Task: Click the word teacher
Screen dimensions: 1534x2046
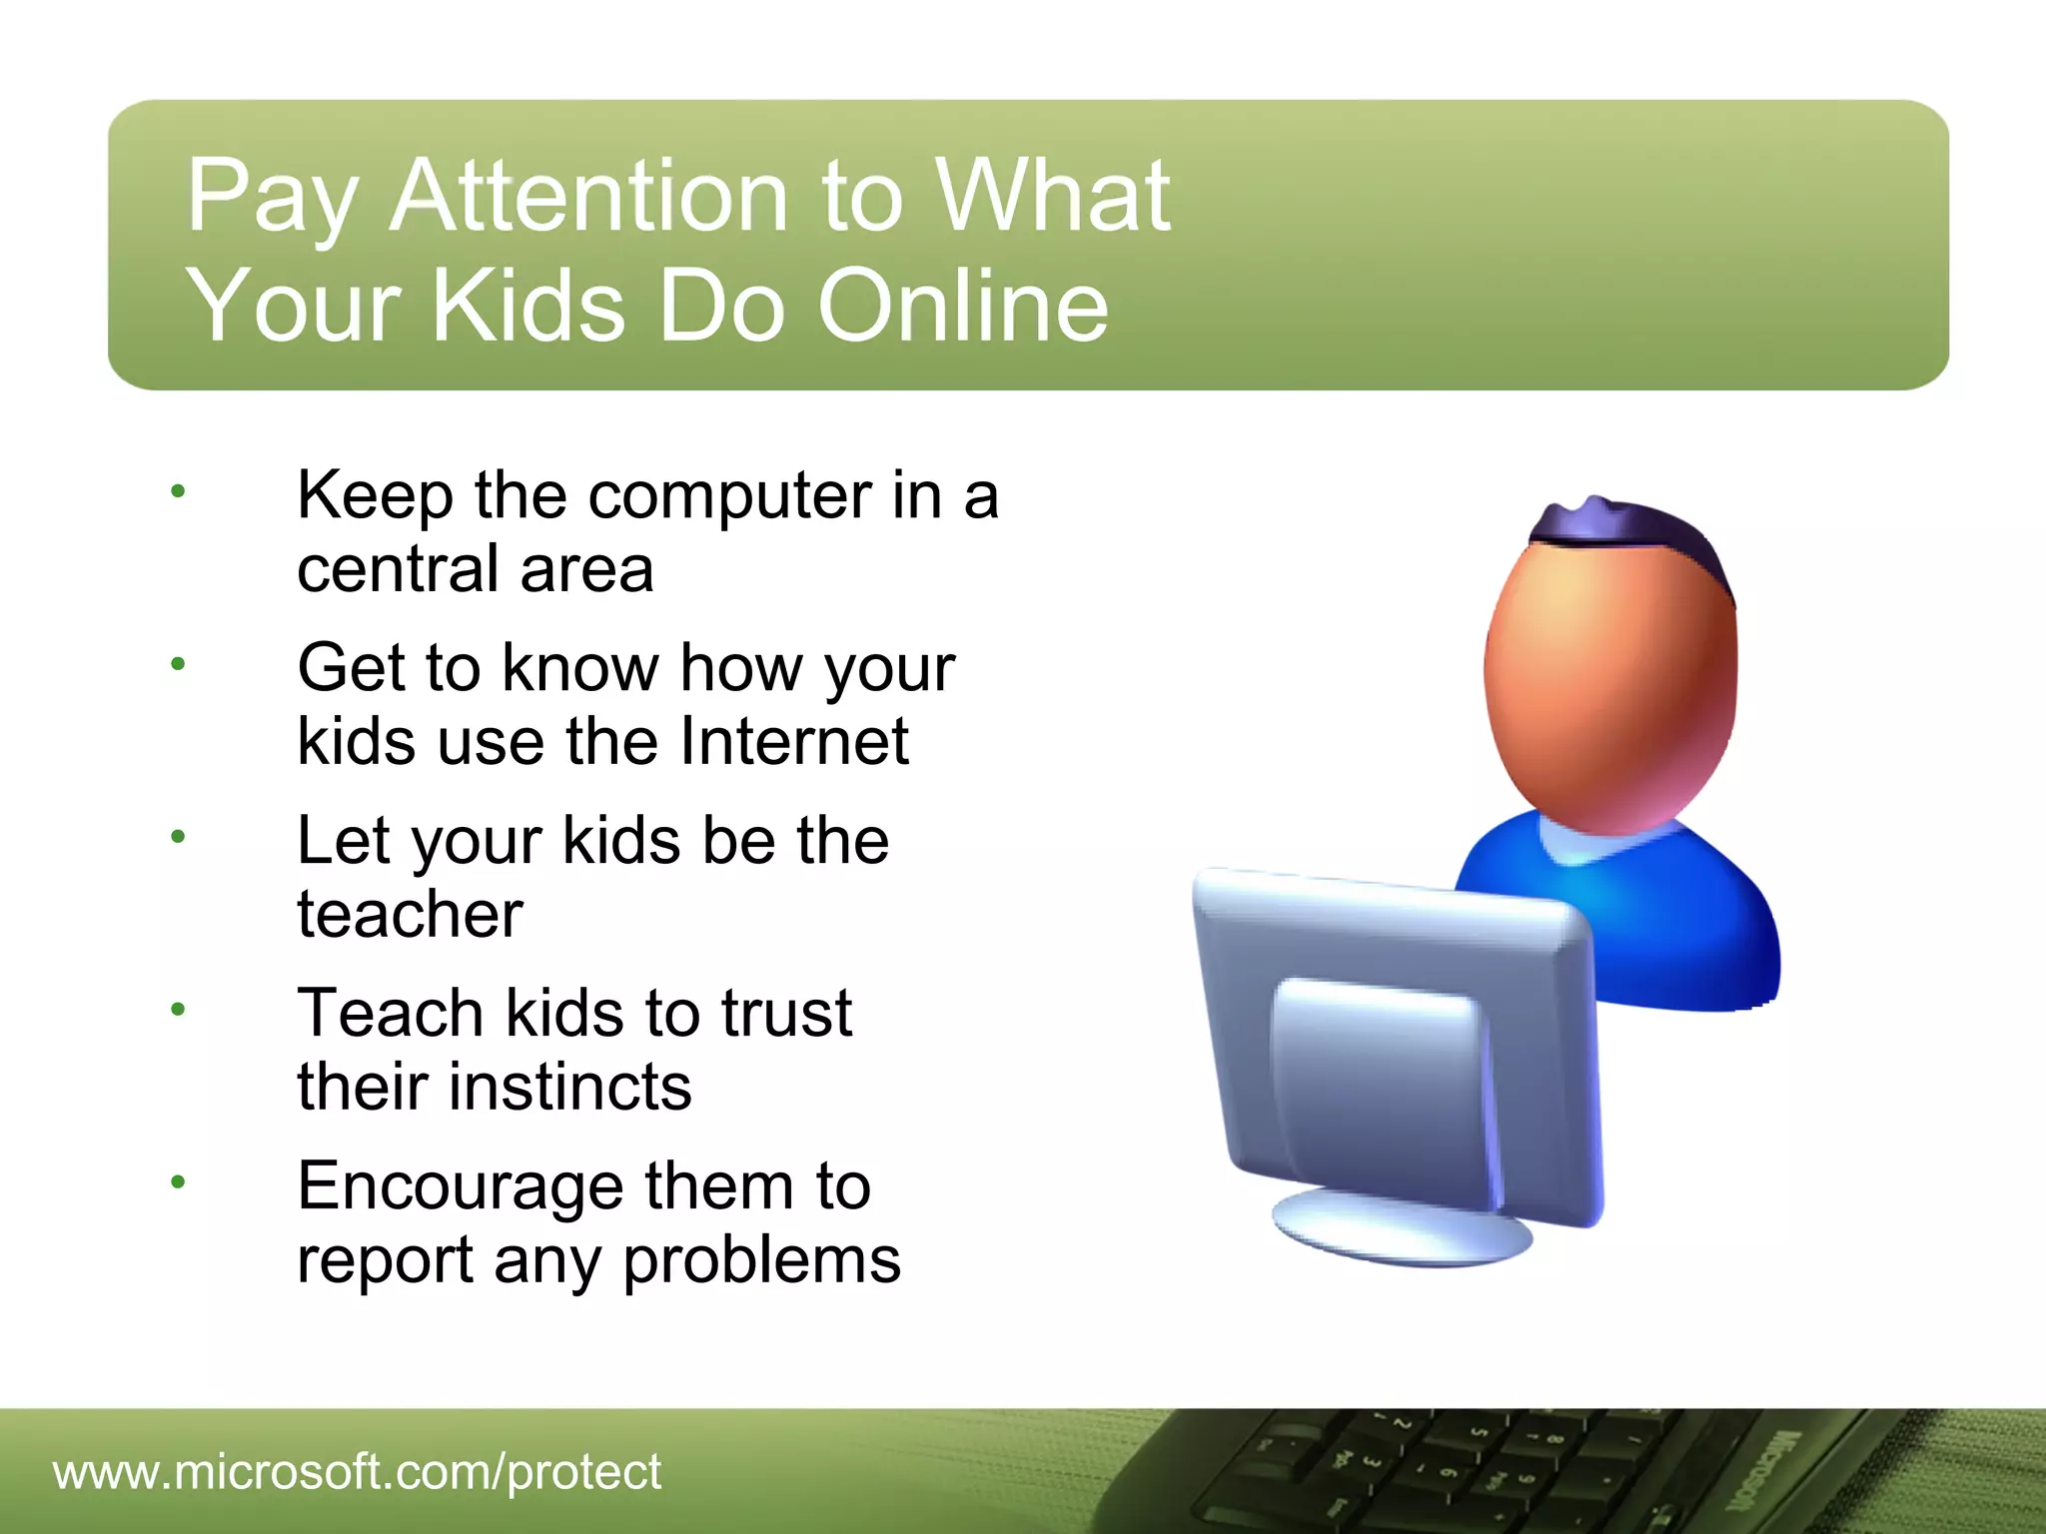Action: coord(410,914)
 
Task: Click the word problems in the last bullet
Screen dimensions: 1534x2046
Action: coord(761,1260)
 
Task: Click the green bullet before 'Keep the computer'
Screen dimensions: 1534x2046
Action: coord(178,490)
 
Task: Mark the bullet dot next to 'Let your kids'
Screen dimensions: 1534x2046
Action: coord(178,836)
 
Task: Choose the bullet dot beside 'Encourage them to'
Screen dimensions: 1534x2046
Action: coord(178,1182)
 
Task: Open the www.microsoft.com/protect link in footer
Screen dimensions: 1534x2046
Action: coord(357,1472)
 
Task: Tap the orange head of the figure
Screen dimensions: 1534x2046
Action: coord(1608,679)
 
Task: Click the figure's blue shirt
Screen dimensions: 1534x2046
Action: coord(1688,919)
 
